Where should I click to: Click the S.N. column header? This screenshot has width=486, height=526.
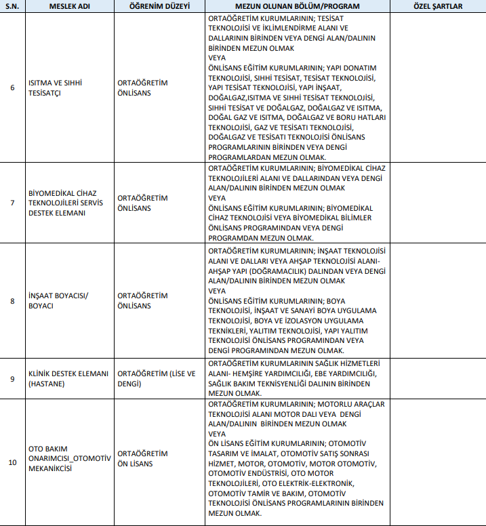[12, 6]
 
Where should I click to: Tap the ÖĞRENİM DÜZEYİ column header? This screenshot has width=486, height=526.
[159, 6]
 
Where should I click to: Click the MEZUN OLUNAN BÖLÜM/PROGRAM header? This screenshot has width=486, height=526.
[296, 6]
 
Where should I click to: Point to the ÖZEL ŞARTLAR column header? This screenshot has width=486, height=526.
[437, 6]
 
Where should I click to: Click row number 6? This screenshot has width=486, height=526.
[12, 87]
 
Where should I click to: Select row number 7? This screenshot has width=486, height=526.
[12, 203]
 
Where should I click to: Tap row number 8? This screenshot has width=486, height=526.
[12, 300]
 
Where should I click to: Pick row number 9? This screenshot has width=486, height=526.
[12, 378]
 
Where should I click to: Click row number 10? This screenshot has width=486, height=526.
[12, 463]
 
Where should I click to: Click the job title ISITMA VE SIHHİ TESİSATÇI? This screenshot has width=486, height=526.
[55, 87]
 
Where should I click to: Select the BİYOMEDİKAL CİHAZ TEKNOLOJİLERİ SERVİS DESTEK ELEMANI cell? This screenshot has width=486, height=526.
[66, 203]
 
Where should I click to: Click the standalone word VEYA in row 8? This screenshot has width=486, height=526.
[217, 290]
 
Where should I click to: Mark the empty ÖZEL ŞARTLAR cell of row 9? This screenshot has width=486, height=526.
[437, 378]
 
